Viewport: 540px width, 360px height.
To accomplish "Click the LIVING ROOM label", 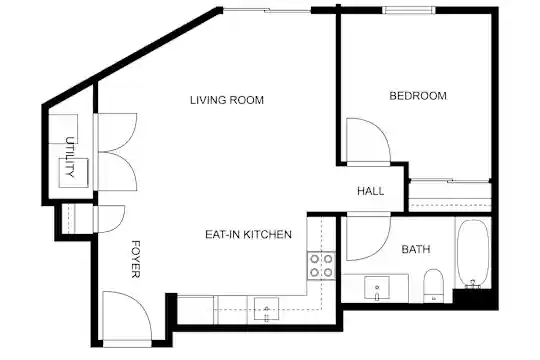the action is (227, 100).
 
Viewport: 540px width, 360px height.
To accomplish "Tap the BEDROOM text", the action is (418, 95).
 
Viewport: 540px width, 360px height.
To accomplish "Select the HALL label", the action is (371, 191).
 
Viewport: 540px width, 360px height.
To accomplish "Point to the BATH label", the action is (416, 249).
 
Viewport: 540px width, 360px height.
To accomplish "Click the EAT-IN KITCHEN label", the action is (248, 234).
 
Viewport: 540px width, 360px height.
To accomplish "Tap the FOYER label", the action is (136, 259).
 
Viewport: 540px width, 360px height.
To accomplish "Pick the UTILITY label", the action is (70, 157).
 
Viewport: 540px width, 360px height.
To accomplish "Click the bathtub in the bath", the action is (473, 253).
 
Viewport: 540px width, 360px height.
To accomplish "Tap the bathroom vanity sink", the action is (377, 287).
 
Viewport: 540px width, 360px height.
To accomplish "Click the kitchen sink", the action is (266, 309).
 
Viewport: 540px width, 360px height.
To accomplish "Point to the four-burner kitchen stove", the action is (321, 265).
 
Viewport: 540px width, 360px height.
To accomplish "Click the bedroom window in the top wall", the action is (409, 10).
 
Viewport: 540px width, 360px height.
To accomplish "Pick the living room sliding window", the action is (267, 11).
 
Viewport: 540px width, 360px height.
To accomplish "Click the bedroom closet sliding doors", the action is (450, 180).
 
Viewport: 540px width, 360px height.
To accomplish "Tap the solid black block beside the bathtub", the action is (472, 297).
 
